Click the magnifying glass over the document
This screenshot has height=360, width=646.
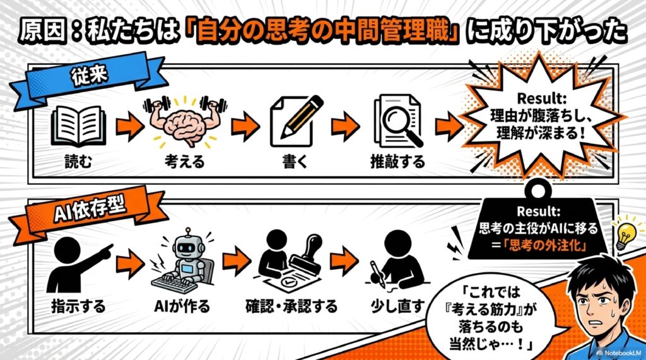[x=401, y=123]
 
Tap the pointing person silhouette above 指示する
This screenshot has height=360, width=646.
[x=79, y=264]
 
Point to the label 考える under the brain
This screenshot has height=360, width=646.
[x=185, y=162]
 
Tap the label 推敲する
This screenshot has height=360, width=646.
[x=397, y=162]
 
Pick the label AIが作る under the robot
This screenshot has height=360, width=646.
[x=182, y=306]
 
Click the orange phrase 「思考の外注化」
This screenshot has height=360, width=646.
[x=542, y=246]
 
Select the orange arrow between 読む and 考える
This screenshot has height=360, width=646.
[x=128, y=127]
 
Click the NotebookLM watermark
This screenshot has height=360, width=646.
[x=619, y=353]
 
